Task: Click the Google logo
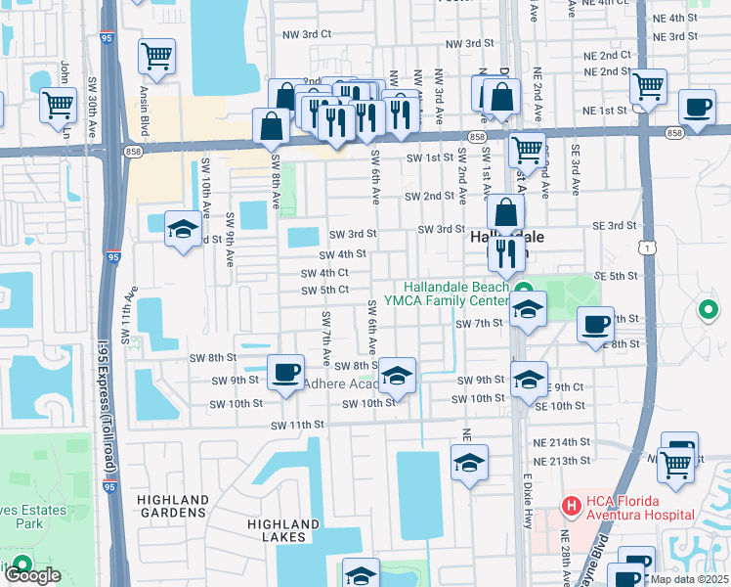click(x=31, y=575)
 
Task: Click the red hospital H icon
click(x=569, y=505)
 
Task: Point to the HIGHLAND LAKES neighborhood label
click(x=283, y=530)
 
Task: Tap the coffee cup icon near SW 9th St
click(x=285, y=372)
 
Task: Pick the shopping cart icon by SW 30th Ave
click(x=59, y=104)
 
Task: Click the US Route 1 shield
click(x=647, y=248)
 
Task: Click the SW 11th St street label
click(x=297, y=425)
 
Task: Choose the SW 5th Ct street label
click(x=325, y=290)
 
